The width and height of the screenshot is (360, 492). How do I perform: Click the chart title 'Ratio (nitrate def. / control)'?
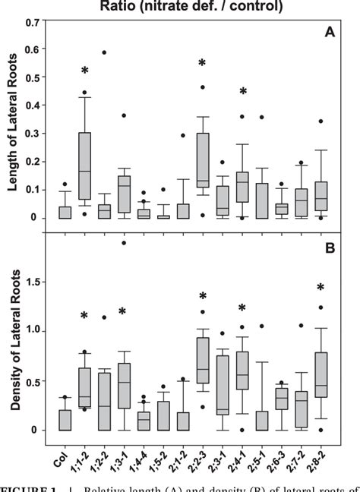[201, 8]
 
